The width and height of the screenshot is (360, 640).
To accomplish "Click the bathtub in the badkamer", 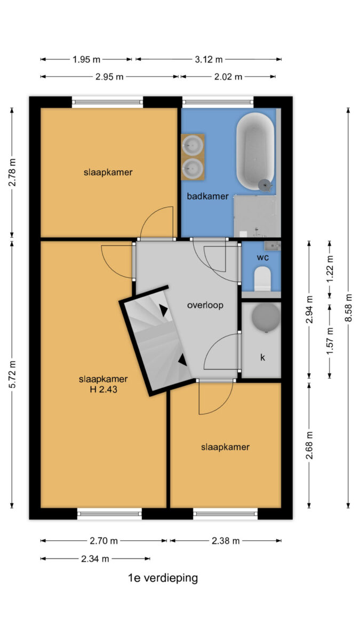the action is click(x=255, y=151).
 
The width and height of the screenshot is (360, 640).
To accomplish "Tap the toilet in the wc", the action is click(x=262, y=278).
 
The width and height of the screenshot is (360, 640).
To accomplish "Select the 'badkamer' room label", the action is click(x=207, y=196).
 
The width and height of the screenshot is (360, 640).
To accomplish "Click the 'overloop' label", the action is click(x=205, y=305).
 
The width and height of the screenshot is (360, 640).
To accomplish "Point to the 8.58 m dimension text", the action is click(x=348, y=307).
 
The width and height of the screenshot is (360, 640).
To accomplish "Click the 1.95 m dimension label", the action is click(x=86, y=59).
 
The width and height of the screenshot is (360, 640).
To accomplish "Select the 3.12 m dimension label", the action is click(x=209, y=59).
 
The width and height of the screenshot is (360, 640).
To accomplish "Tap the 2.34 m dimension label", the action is click(x=95, y=558).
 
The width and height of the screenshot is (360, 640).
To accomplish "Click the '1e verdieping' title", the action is click(x=163, y=578).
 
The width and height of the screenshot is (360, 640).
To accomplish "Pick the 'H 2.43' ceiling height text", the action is click(x=103, y=389).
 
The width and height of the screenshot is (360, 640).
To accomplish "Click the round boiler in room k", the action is click(x=266, y=317).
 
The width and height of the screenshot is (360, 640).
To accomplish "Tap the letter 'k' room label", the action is click(x=262, y=357).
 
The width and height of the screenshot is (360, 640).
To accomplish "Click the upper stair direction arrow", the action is click(x=163, y=310).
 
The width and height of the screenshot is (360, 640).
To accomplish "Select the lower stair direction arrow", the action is click(x=182, y=359).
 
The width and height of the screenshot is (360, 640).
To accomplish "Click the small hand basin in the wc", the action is click(x=273, y=246).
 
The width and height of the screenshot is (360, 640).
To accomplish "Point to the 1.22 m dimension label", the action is click(x=330, y=269).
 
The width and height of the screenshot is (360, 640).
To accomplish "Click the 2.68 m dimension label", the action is click(x=309, y=445).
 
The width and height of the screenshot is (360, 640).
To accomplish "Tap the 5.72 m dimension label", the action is click(x=12, y=374).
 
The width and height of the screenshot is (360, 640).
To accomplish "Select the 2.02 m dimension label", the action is click(x=228, y=77).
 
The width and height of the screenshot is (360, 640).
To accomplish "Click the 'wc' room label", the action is click(x=262, y=258).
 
